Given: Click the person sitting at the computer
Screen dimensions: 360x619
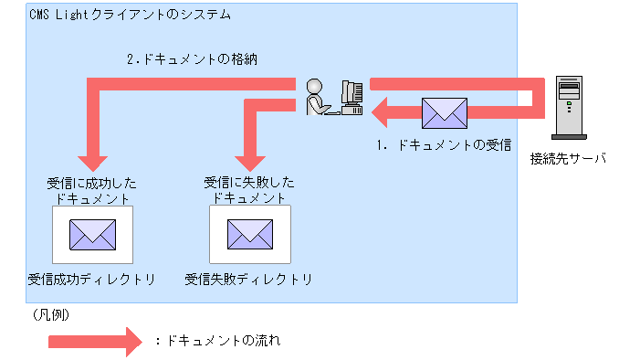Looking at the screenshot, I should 317,96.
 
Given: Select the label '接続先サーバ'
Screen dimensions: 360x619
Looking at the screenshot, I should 568,158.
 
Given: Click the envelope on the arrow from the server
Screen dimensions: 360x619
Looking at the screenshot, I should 444,113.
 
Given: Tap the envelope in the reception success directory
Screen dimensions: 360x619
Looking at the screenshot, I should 93,233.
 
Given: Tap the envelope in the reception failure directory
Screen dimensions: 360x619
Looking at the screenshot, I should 250,233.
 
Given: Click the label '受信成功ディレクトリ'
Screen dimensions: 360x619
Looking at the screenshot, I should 91,279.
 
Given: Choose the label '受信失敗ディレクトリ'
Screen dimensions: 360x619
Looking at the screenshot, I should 248,279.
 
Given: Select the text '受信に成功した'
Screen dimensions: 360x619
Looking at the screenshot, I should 91,182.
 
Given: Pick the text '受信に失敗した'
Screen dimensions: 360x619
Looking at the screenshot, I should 248,182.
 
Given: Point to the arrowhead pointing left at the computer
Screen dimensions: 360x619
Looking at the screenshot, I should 378,113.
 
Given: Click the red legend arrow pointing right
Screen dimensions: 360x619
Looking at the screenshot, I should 95,342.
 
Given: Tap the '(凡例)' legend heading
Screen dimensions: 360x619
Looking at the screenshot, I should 51,313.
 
